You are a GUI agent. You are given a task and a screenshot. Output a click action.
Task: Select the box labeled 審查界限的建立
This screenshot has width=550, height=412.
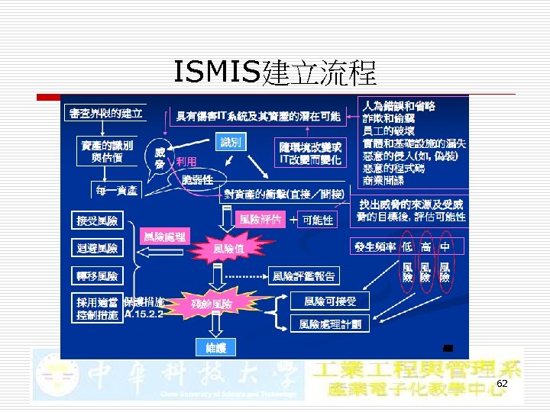[105, 114]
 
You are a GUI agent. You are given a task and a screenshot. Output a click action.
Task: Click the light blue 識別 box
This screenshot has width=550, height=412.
[230, 143]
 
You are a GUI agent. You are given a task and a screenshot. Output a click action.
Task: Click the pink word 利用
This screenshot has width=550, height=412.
[186, 162]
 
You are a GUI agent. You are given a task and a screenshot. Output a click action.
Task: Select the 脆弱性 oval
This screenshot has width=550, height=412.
[197, 179]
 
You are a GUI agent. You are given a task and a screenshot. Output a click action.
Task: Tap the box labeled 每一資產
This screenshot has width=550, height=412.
[115, 189]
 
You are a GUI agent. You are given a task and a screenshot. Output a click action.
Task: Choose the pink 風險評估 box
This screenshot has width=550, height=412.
[260, 219]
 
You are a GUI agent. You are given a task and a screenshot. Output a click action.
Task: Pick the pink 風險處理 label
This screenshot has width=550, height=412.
[166, 237]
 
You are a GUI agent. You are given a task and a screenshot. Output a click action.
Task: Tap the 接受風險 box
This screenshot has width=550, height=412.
[97, 221]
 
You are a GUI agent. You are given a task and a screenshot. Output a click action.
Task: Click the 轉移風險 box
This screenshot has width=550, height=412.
[97, 275]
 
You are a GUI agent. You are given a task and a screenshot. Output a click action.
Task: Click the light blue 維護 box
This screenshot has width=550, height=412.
[216, 348]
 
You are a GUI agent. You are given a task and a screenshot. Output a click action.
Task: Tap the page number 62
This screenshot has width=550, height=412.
[502, 383]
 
